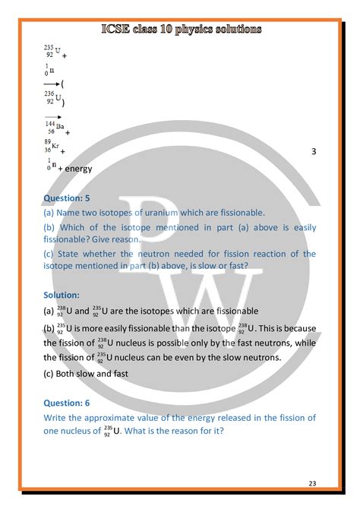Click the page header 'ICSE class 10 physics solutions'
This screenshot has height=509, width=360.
tap(180, 29)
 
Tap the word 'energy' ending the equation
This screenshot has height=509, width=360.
tap(78, 169)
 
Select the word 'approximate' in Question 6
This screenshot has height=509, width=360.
tap(117, 418)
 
